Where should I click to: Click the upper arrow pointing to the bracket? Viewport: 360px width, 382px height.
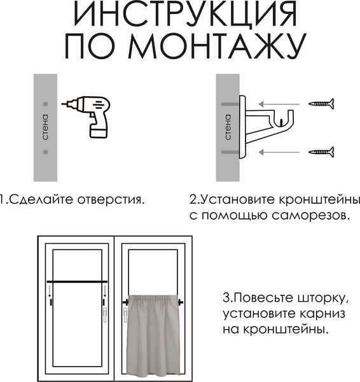point(279,103)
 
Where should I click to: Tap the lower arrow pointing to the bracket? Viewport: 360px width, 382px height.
point(279,152)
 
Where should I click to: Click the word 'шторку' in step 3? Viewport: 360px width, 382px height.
point(316,298)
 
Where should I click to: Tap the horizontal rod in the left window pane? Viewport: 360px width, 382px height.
point(77,281)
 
